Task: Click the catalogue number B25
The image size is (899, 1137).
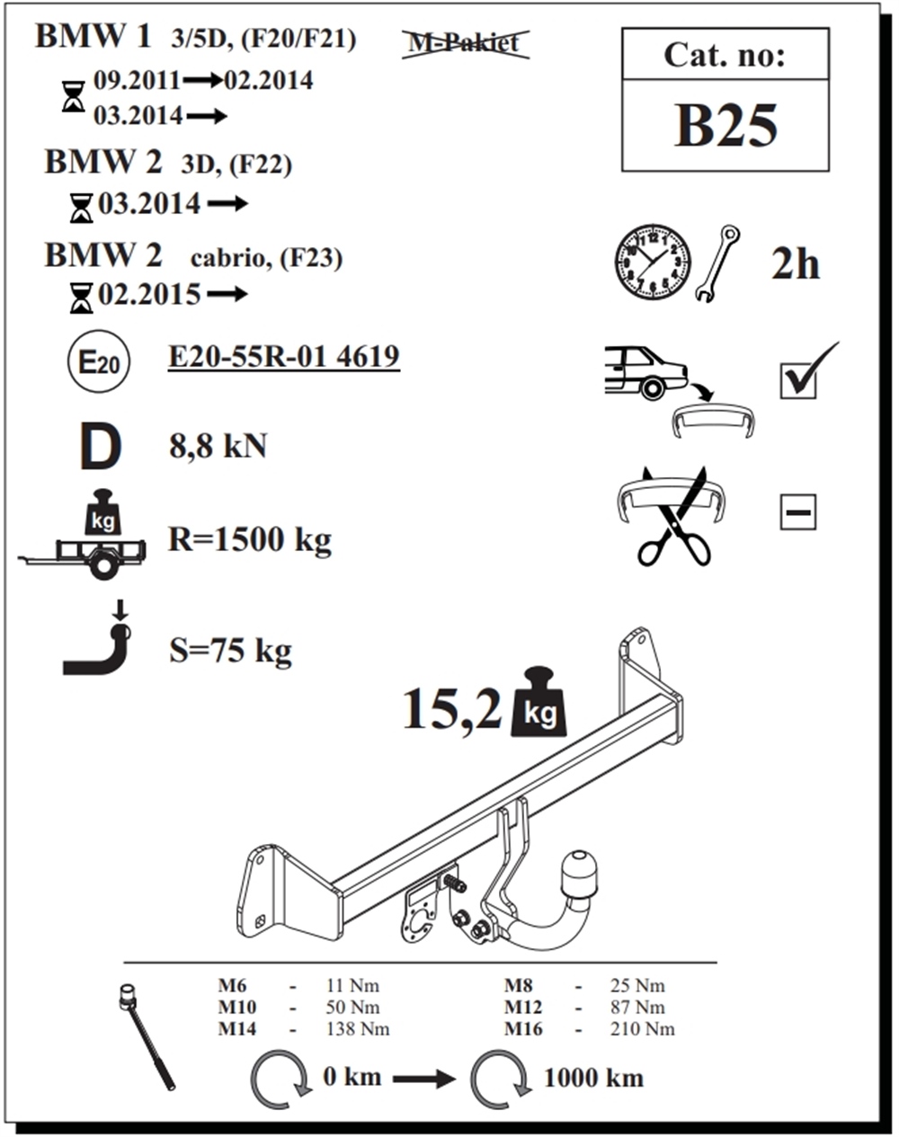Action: pyautogui.click(x=725, y=126)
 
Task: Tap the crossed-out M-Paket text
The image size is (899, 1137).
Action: pyautogui.click(x=465, y=42)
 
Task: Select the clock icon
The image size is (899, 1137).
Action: pyautogui.click(x=653, y=262)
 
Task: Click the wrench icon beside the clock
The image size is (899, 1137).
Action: pyautogui.click(x=717, y=263)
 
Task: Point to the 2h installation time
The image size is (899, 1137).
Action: pyautogui.click(x=795, y=264)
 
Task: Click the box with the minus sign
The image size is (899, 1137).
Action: pyautogui.click(x=797, y=512)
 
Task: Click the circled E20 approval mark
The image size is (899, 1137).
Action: pyautogui.click(x=99, y=363)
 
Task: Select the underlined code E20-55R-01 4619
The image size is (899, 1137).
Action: pyautogui.click(x=283, y=357)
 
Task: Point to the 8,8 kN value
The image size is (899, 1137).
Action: pyautogui.click(x=218, y=445)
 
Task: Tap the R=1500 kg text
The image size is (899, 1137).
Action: pyautogui.click(x=250, y=539)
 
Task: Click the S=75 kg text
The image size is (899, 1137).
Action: pyautogui.click(x=230, y=650)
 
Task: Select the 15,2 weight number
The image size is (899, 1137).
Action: pyautogui.click(x=451, y=708)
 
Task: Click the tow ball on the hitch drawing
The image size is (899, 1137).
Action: pyautogui.click(x=578, y=873)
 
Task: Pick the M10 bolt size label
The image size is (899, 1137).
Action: pyautogui.click(x=237, y=1008)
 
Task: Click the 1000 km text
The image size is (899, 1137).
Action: pyautogui.click(x=593, y=1077)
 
